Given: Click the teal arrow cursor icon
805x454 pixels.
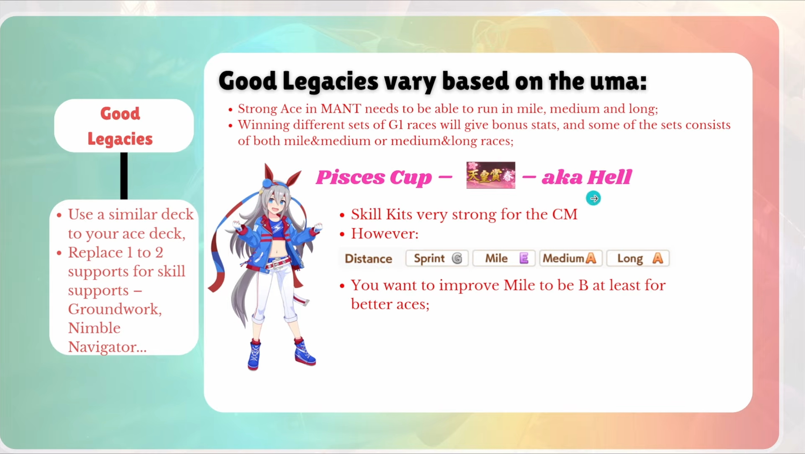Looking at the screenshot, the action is (593, 198).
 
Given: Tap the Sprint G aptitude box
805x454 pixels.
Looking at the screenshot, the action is (437, 258).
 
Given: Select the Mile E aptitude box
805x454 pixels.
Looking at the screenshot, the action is (504, 258).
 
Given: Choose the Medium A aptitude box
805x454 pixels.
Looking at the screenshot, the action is (571, 258).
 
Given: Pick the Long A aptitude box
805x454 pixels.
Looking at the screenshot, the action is (638, 258).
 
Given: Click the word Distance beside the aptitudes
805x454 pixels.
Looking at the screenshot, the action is (368, 259).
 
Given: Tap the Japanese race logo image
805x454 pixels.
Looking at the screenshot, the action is (491, 175).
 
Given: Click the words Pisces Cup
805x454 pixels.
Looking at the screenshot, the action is (374, 177).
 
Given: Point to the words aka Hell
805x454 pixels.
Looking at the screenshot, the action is (587, 177).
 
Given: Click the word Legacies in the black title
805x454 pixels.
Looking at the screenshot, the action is (330, 82).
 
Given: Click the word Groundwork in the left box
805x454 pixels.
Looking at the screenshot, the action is (114, 309).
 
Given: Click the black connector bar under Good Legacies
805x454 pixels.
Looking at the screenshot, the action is (124, 176).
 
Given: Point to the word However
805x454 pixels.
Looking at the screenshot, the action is (384, 234).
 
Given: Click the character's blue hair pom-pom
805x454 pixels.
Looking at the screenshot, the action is (267, 183).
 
